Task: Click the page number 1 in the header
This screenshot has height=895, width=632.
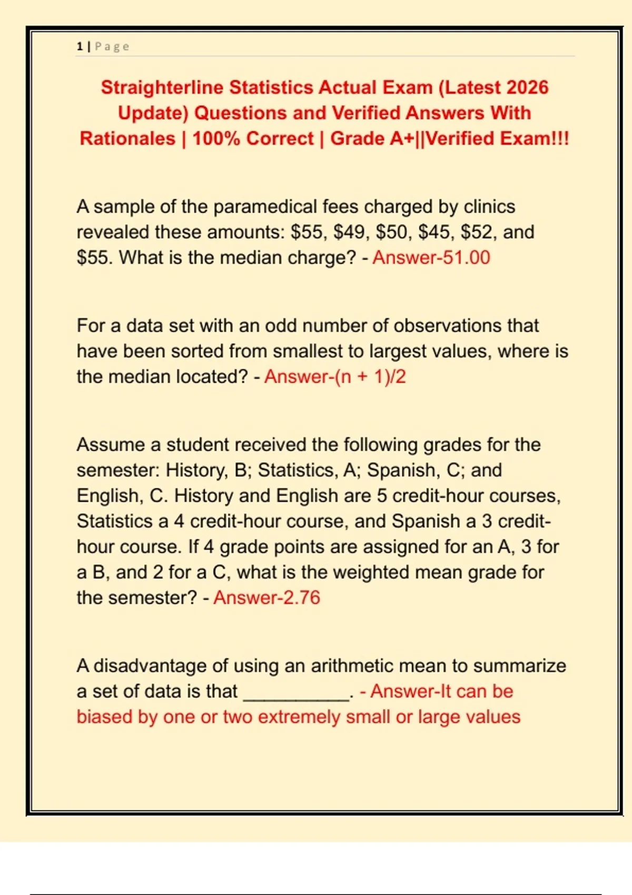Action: click(x=80, y=46)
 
